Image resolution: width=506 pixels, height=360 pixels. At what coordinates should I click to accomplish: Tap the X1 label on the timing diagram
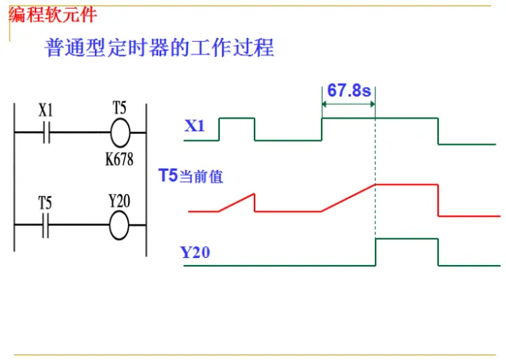coord(194,126)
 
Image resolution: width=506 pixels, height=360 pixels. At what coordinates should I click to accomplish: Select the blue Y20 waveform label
coord(194,253)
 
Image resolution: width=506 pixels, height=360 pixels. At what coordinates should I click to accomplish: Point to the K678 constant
coord(119,158)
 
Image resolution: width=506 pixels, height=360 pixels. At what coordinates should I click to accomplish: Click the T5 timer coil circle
coord(119,131)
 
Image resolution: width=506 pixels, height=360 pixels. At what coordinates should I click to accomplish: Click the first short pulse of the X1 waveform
coord(236,119)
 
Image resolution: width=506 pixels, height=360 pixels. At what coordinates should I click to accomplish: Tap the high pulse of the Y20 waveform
coord(406,238)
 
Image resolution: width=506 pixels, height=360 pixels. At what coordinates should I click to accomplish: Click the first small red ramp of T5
coord(237,203)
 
